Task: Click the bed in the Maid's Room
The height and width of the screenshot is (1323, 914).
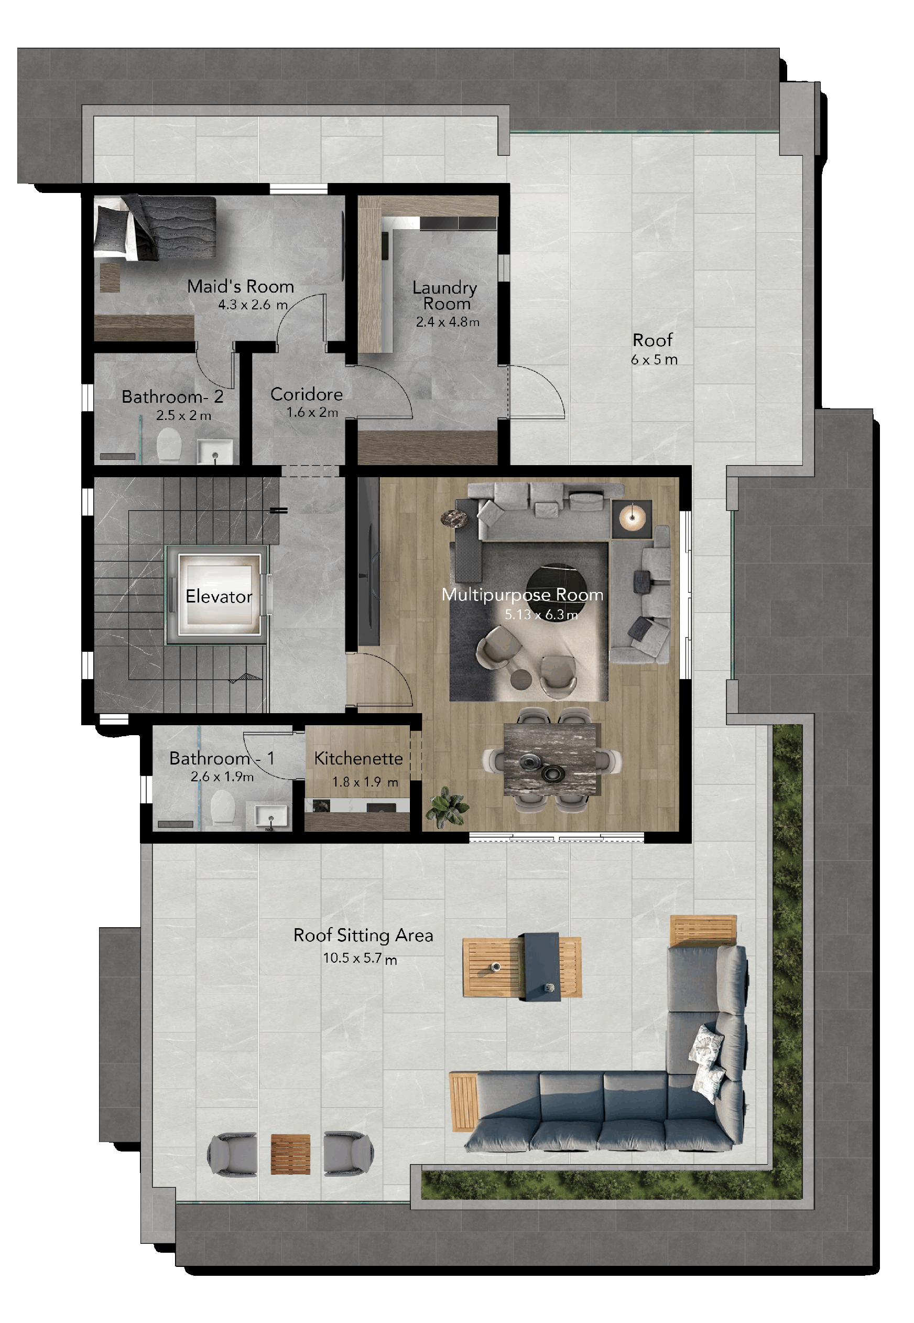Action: (155, 228)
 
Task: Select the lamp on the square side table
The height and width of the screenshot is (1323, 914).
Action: (632, 519)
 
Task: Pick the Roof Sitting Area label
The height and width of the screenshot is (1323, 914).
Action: (363, 935)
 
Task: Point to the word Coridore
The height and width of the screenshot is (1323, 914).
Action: (307, 394)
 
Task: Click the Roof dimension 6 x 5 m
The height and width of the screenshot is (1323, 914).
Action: (654, 360)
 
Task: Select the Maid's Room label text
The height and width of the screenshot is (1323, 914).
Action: (241, 286)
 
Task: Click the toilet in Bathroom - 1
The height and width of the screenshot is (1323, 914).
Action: (223, 808)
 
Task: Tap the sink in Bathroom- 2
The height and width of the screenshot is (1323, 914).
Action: (215, 451)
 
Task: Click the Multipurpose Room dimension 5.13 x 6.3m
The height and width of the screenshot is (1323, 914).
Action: (541, 615)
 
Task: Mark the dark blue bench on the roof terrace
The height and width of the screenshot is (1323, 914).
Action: (541, 966)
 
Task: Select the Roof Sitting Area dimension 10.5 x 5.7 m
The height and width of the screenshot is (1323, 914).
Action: (360, 958)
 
